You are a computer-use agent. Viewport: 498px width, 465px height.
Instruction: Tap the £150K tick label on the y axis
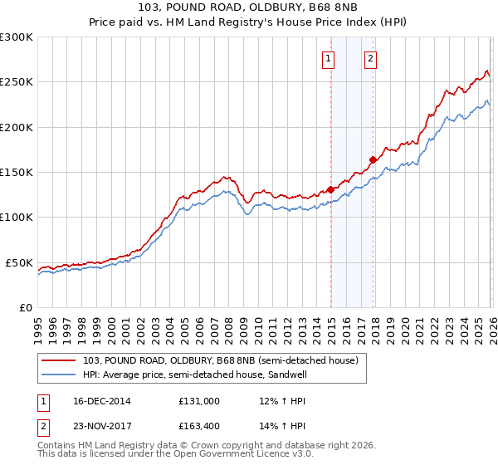coord(16,172)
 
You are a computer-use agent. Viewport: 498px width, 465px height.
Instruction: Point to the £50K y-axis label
coord(18,262)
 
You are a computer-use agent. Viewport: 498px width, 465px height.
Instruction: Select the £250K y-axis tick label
coord(16,82)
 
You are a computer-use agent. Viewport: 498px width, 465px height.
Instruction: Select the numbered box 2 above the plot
coord(369,58)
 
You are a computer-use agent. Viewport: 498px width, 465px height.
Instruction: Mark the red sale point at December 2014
coord(331,188)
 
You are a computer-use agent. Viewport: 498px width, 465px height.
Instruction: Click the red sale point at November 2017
coord(373,159)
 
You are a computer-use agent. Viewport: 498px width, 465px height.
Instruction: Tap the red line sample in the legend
coord(59,360)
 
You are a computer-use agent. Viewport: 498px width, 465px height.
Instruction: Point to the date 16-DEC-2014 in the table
coord(97,401)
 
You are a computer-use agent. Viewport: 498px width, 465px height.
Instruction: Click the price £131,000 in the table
coord(198,401)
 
